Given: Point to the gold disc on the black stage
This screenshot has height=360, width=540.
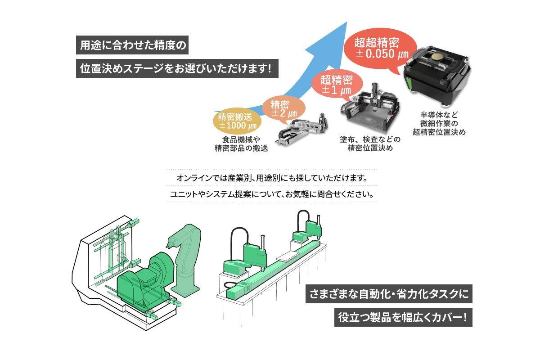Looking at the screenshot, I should pyautogui.click(x=437, y=57).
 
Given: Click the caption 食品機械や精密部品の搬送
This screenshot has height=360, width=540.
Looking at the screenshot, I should pyautogui.click(x=241, y=144).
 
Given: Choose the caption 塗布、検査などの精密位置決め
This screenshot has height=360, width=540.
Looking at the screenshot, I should pyautogui.click(x=370, y=144).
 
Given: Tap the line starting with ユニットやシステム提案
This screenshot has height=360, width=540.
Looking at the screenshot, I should pyautogui.click(x=272, y=195).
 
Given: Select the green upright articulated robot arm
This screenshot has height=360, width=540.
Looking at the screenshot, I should pyautogui.click(x=186, y=261).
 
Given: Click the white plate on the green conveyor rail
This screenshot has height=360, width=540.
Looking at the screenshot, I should pyautogui.click(x=288, y=256).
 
